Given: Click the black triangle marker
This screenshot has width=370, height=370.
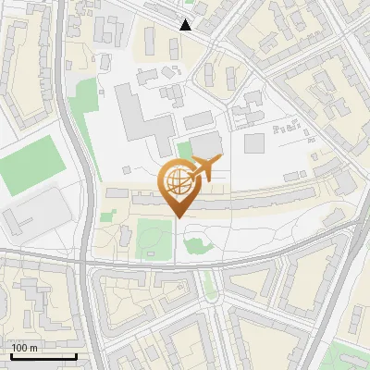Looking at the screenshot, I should (x=186, y=25).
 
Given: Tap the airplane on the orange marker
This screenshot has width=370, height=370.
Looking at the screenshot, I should (x=204, y=169).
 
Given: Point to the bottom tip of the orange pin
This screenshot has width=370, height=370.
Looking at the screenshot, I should (x=177, y=218).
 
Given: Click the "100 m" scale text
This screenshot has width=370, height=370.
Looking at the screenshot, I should (x=25, y=348).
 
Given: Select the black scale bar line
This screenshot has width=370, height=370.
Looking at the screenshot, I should (x=43, y=356).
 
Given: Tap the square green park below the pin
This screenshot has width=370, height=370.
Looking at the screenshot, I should (x=152, y=239).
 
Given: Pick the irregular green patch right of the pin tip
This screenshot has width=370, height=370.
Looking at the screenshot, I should (x=196, y=243).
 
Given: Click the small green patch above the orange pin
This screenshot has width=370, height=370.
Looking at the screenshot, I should (x=185, y=150).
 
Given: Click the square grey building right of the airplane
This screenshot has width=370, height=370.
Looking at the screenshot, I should (x=254, y=143).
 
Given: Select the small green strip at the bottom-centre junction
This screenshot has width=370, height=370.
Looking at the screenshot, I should (x=211, y=286).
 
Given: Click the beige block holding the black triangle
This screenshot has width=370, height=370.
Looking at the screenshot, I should (x=162, y=37).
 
